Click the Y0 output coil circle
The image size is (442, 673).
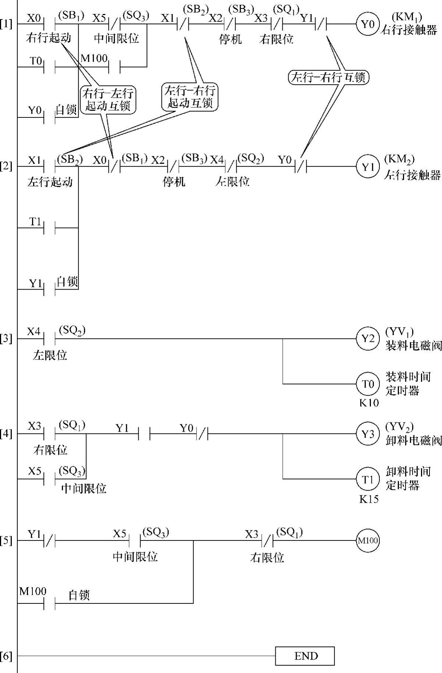[x=367, y=24]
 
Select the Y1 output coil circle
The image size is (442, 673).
[x=367, y=167]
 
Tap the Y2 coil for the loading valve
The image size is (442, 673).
[x=367, y=339]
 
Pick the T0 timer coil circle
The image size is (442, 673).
[x=367, y=384]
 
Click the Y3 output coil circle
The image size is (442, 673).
[x=367, y=434]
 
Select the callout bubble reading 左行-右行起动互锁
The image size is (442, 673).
[x=190, y=97]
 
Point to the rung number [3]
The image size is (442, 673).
[x=6, y=338]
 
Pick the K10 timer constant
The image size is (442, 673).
[x=369, y=403]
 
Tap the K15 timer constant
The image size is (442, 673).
[x=369, y=499]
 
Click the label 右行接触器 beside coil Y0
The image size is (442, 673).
[x=410, y=30]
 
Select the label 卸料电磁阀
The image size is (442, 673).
[x=413, y=440]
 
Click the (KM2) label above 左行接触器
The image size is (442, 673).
[x=400, y=159]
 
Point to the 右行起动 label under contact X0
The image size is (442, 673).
[x=49, y=38]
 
